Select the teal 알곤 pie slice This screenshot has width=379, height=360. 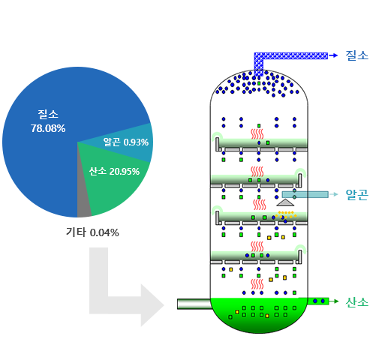coord(130,142)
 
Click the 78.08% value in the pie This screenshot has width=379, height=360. coord(48,128)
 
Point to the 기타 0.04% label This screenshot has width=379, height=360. coord(92,232)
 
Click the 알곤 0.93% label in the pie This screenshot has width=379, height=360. coord(126,142)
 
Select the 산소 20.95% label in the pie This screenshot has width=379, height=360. coord(114,171)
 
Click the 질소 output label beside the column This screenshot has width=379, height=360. coord(357,55)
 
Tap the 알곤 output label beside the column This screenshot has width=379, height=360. coord(357,194)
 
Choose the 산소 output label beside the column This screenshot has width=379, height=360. coord(357,301)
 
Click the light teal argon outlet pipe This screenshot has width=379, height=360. coord(305,194)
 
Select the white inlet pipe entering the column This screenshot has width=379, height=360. coord(194,304)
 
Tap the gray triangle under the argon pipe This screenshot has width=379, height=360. coord(285,202)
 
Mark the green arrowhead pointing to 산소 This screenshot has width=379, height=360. coord(335,301)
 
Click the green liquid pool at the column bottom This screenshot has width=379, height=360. coord(259,314)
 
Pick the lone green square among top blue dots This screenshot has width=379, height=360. coord(259,83)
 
